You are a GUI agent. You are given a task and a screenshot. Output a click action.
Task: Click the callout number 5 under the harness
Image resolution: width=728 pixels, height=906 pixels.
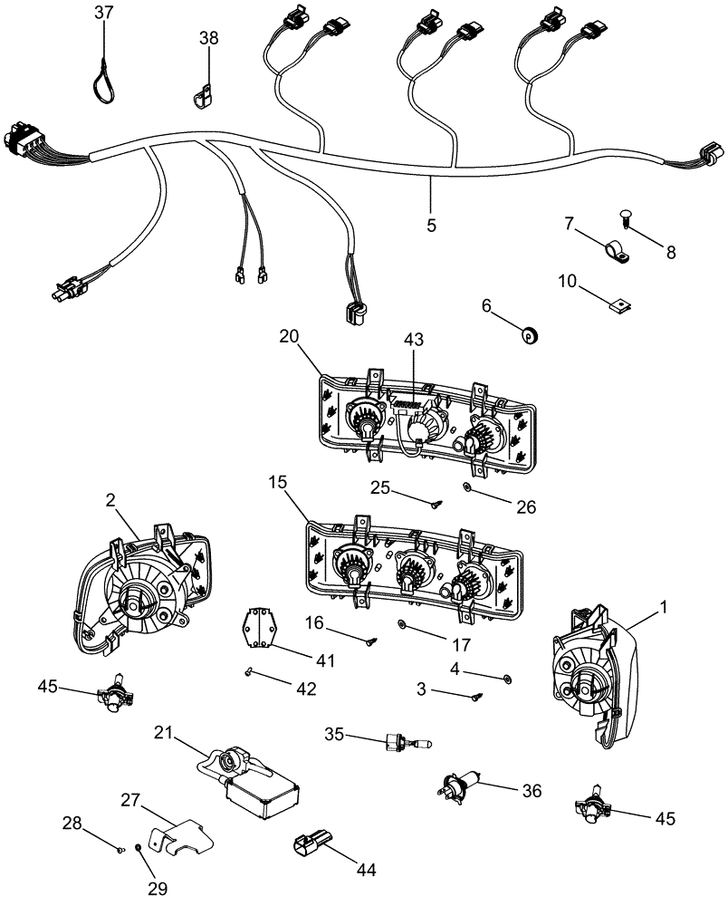[431, 222]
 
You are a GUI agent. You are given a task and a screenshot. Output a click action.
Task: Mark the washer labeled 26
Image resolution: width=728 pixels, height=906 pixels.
[466, 487]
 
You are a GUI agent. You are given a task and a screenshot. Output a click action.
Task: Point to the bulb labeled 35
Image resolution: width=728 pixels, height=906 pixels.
[407, 741]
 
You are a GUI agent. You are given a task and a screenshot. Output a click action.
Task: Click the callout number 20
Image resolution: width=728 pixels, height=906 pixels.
[289, 336]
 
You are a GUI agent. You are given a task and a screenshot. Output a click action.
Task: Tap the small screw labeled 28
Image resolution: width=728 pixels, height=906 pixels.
[120, 849]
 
